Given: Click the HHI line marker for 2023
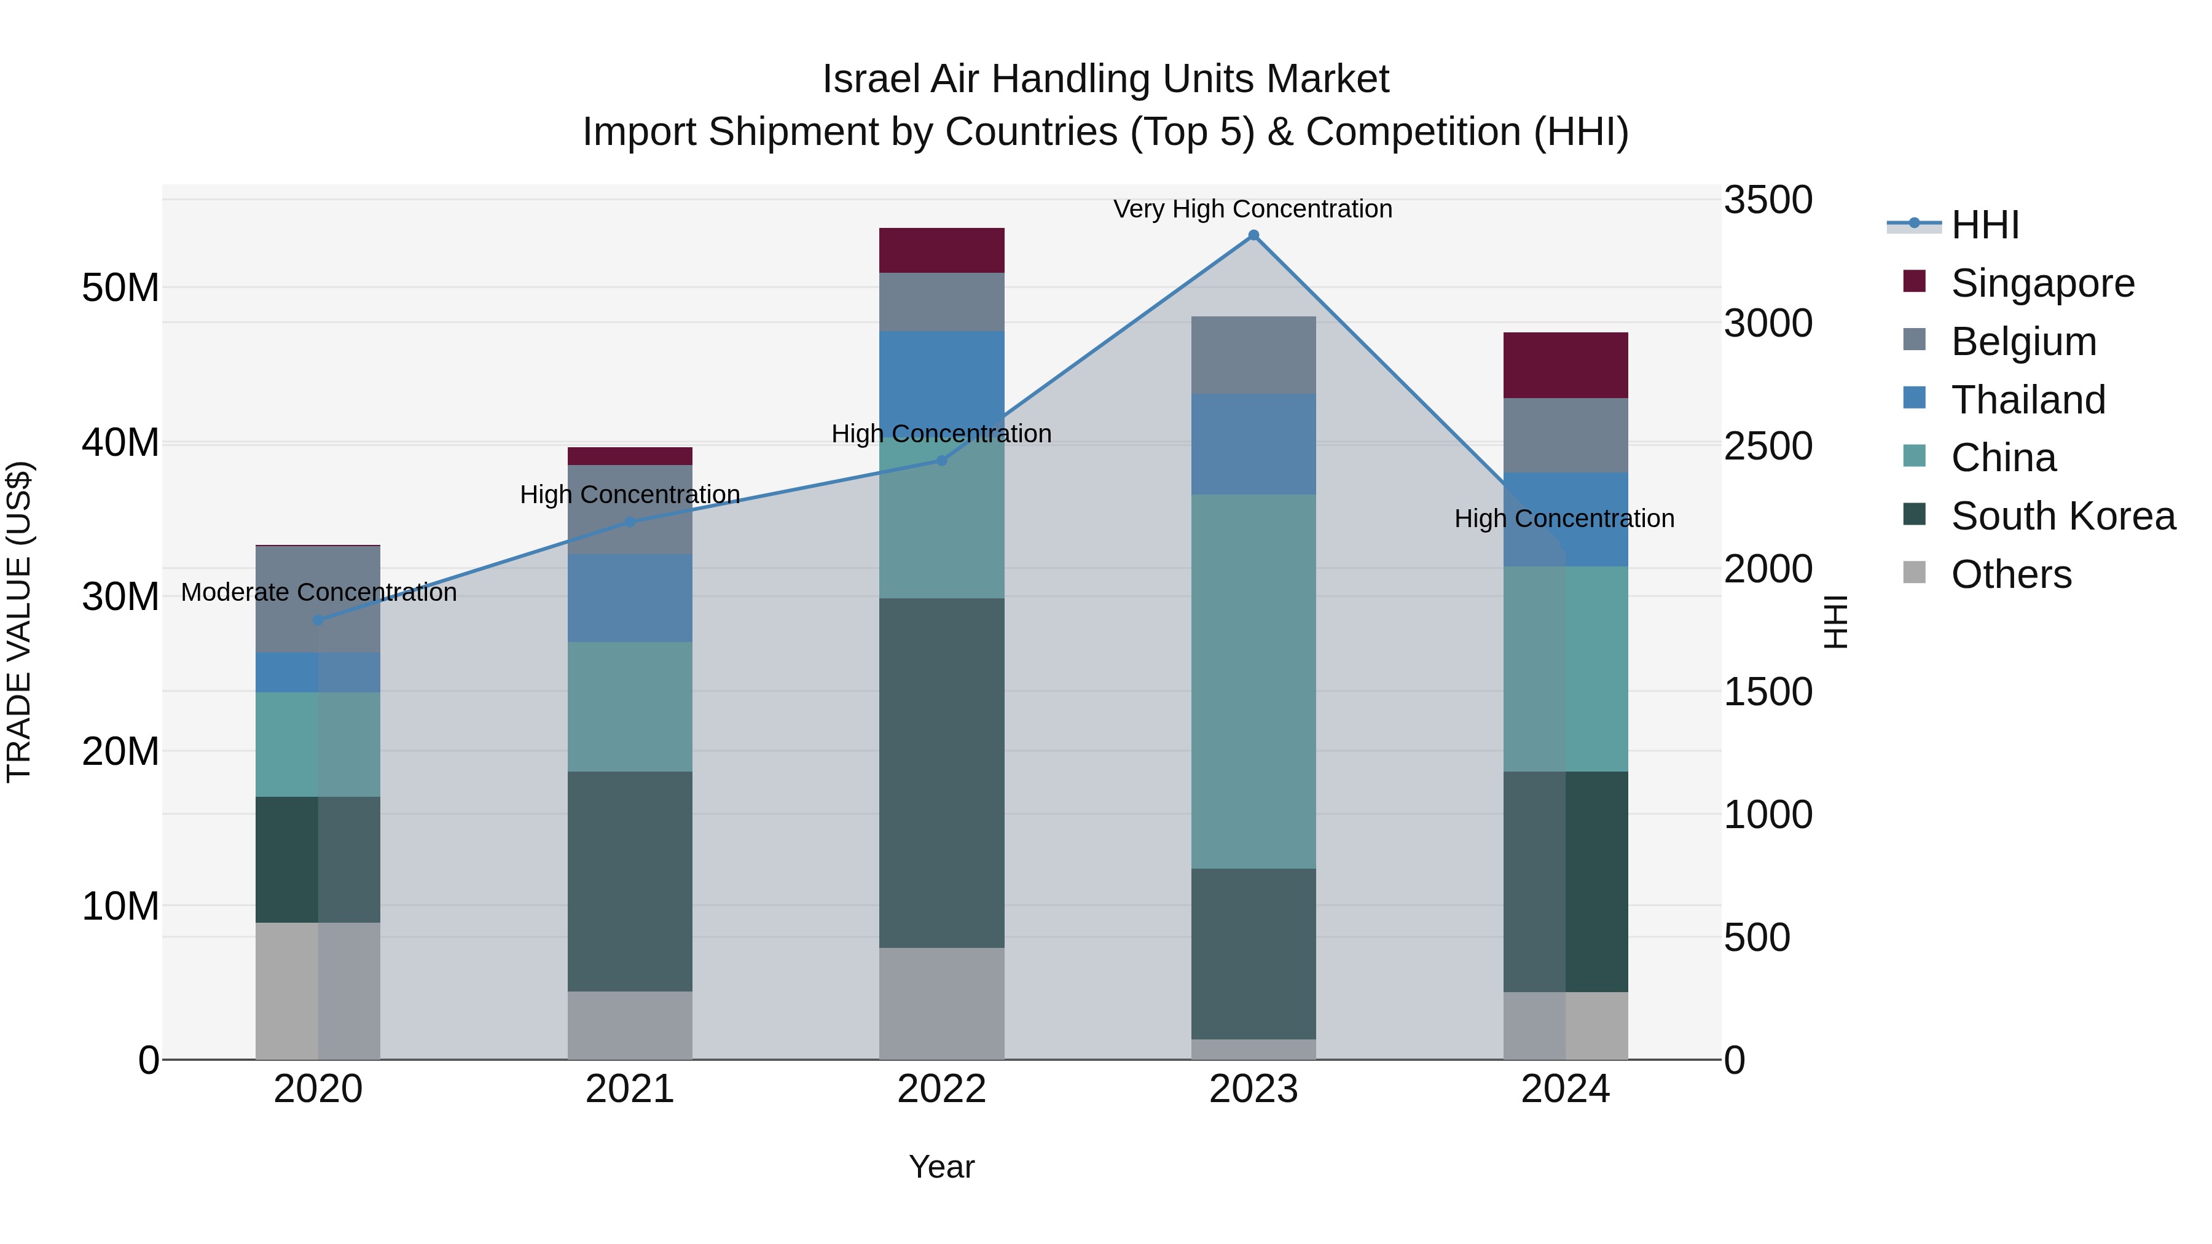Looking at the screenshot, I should coord(1253,235).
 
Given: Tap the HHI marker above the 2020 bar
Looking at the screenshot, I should coord(318,620).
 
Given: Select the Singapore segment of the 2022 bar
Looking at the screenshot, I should coord(941,251).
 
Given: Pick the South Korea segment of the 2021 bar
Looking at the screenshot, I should coord(629,881).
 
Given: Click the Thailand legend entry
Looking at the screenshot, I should coord(2028,400).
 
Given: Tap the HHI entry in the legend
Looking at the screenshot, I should coord(1985,225).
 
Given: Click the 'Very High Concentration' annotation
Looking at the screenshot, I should coord(1252,209).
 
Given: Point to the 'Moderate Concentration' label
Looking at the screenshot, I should coord(318,592).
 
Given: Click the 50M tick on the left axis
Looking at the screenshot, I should coord(120,288).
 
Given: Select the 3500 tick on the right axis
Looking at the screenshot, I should coord(1767,200).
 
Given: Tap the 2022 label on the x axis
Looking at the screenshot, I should coord(941,1089).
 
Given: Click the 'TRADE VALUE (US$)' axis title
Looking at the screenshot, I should coord(19,622).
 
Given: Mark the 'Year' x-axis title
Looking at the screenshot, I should coord(941,1167).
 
